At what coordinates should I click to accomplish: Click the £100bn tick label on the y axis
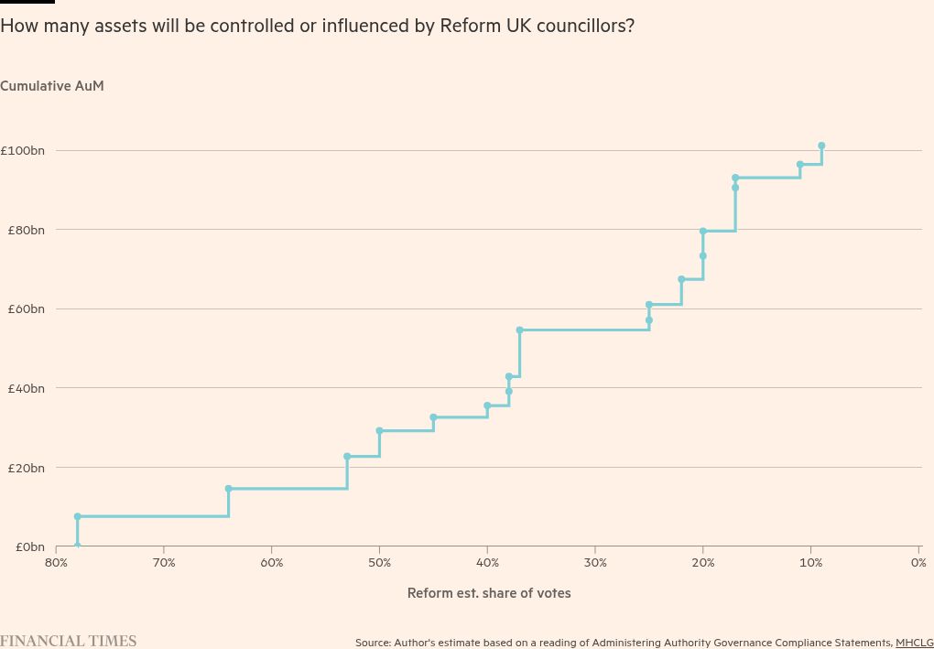tap(22, 150)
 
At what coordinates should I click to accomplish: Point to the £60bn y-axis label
tap(22, 309)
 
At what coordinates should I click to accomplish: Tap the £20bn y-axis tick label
tap(22, 468)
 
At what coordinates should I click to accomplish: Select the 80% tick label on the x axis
tap(55, 563)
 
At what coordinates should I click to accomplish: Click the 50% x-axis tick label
tap(379, 563)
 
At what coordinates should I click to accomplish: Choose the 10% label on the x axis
tap(810, 563)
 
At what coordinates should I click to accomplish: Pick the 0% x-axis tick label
tap(918, 563)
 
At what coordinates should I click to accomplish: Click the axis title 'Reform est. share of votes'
tap(489, 593)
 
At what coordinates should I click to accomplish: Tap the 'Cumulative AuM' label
tap(52, 86)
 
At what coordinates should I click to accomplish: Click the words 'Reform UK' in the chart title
tap(477, 26)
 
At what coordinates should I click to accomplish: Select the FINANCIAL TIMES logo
tap(69, 641)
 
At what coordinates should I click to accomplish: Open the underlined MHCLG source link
tap(914, 643)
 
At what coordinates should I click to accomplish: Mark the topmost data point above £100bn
tap(821, 146)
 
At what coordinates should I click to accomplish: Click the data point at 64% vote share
tap(228, 489)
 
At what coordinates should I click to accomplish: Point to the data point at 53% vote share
tap(347, 456)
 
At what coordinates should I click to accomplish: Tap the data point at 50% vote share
tap(379, 430)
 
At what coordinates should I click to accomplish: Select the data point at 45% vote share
tap(433, 417)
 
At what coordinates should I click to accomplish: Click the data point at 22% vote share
tap(681, 279)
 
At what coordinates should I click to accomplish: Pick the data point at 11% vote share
tap(800, 165)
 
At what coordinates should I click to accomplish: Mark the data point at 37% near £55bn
tap(519, 330)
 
